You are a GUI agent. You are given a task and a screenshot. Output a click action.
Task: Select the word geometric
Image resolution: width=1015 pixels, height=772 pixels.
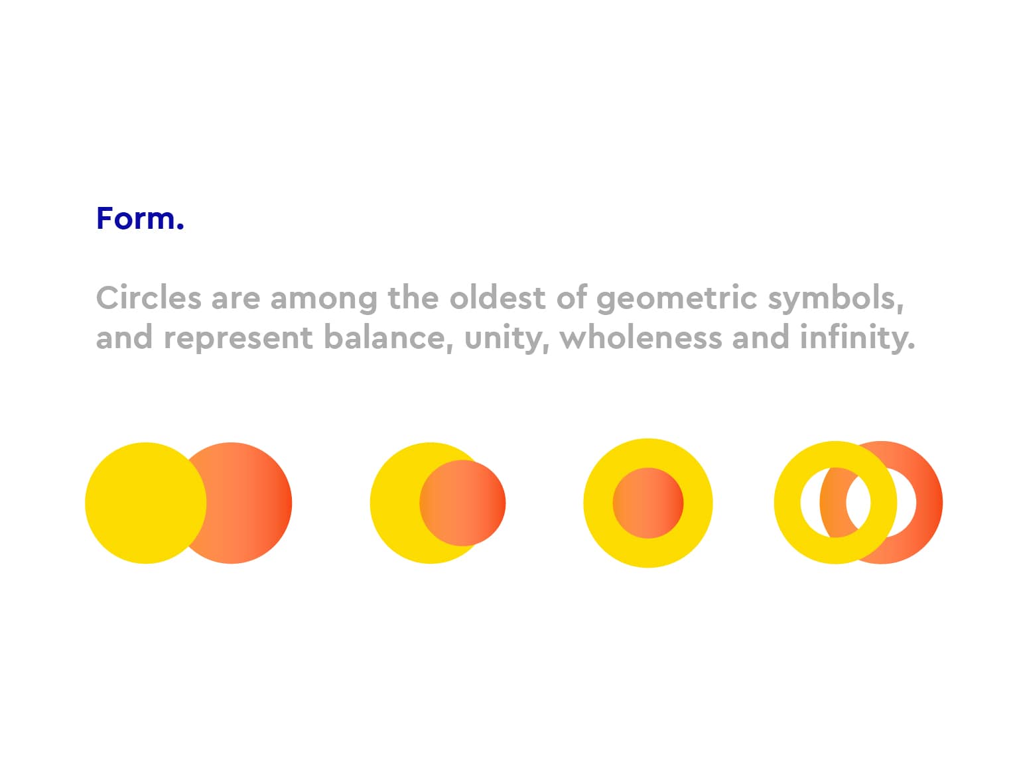point(677,299)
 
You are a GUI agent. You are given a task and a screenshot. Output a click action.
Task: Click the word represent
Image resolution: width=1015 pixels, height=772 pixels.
point(238,338)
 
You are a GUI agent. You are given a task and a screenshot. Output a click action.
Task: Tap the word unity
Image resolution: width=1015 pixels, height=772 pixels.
point(506,338)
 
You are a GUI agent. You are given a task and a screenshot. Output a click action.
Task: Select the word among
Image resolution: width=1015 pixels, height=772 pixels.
point(324,299)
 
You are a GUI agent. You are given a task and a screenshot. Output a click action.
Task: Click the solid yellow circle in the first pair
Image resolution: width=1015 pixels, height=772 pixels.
point(145,503)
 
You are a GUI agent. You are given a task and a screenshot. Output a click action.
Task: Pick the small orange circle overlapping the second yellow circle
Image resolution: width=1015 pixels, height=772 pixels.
point(462,503)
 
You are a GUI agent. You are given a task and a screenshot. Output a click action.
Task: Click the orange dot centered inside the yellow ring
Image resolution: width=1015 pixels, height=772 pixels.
point(647,503)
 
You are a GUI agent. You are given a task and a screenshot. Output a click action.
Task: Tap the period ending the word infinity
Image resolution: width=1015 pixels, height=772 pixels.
point(910,346)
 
